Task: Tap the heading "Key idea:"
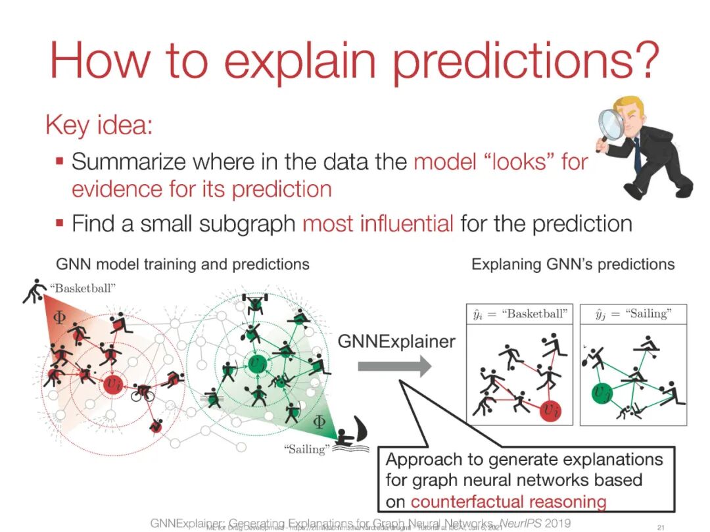tap(99, 125)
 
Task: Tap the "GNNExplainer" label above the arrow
tap(396, 341)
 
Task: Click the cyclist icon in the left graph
tap(144, 393)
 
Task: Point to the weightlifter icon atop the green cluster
tap(252, 302)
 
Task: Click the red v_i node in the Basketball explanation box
tap(549, 409)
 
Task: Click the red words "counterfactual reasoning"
tap(508, 502)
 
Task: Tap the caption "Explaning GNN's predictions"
tap(573, 264)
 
